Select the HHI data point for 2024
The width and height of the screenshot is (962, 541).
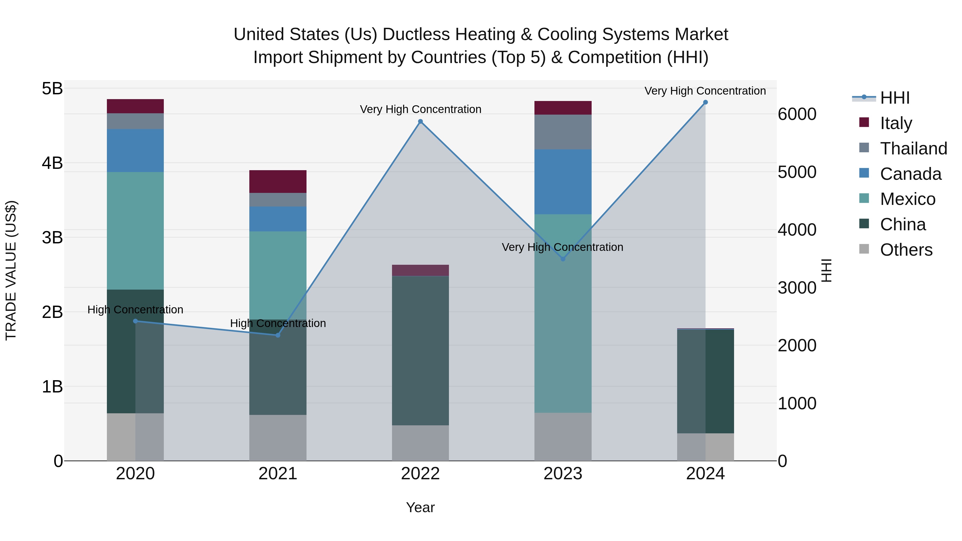point(705,102)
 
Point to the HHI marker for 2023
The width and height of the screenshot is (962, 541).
point(563,259)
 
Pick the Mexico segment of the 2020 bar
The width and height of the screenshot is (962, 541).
point(135,231)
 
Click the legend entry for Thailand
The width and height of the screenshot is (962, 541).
point(913,149)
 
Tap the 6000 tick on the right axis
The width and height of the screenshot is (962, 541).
point(797,114)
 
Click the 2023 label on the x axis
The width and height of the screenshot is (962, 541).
point(563,474)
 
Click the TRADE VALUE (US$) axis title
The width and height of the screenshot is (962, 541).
point(11,270)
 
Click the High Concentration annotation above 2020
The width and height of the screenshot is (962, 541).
point(135,310)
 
